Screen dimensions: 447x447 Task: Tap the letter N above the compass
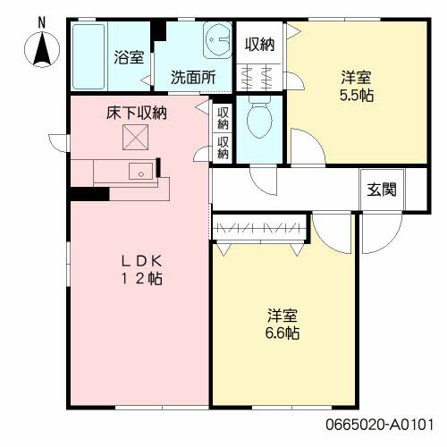[42, 23]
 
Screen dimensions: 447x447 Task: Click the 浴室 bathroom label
[129, 56]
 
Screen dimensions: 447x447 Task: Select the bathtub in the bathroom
[89, 56]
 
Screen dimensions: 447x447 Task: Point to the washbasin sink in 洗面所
[217, 40]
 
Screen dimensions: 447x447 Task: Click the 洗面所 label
[193, 77]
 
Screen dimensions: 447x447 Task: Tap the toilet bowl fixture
[259, 117]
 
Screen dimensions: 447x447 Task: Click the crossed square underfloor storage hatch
[136, 138]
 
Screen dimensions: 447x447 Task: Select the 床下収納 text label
[137, 113]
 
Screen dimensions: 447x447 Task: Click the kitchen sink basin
[141, 172]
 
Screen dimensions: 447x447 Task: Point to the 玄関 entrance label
[382, 190]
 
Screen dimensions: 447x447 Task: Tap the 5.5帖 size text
[357, 96]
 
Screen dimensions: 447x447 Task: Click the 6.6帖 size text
[283, 333]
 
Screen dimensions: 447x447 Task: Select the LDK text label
[142, 261]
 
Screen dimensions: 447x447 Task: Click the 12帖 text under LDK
[142, 279]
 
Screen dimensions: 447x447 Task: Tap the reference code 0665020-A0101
[380, 424]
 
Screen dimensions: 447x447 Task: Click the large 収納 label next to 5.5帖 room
[259, 45]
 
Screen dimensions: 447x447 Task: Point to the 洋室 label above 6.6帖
[283, 316]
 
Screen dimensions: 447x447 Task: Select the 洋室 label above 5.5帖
[357, 78]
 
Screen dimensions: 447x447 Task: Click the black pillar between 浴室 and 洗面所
[158, 30]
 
